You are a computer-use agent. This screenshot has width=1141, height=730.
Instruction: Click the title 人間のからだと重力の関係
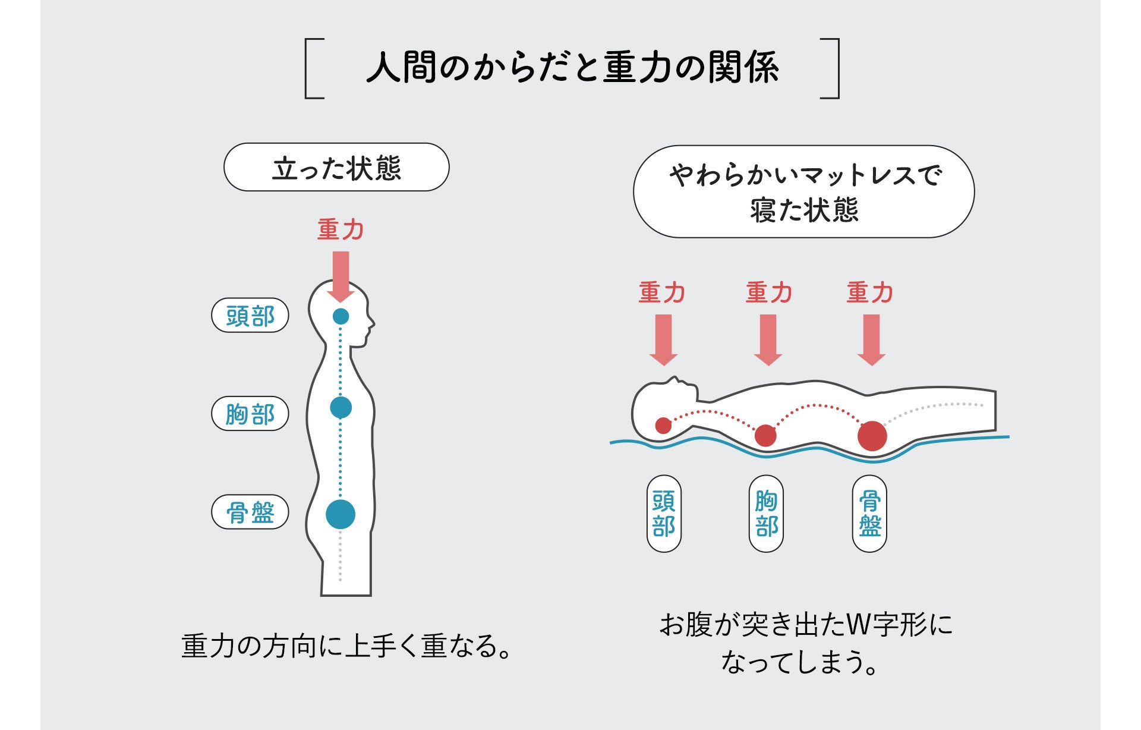[x=572, y=67]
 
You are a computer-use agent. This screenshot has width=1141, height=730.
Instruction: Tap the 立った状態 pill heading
[x=336, y=167]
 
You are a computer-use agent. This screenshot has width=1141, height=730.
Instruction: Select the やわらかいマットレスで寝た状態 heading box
[x=803, y=191]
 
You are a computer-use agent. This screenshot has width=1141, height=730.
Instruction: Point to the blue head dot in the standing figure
[x=341, y=316]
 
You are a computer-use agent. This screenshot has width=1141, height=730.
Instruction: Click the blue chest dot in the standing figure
[x=341, y=408]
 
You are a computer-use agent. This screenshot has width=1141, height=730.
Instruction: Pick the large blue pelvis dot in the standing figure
[x=341, y=514]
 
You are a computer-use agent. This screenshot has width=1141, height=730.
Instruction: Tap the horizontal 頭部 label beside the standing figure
[x=250, y=316]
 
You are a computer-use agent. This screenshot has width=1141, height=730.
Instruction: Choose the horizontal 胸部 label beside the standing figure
[x=250, y=414]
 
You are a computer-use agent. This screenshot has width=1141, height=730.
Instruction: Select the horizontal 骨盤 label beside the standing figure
[x=250, y=512]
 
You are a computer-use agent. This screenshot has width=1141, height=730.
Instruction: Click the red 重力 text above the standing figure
[x=341, y=229]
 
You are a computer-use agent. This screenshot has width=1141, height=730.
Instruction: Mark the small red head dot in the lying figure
[x=663, y=426]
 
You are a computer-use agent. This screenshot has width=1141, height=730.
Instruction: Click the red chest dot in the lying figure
[x=765, y=436]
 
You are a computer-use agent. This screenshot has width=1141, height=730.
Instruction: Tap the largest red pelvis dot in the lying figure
[x=872, y=436]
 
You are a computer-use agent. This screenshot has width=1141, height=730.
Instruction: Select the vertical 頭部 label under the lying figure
[x=664, y=514]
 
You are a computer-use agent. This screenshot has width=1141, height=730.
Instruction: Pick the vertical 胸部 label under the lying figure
[x=766, y=514]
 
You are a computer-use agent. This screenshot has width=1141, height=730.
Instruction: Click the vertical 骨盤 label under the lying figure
[x=869, y=514]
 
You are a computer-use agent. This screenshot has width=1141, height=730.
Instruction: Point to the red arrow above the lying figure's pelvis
[x=871, y=339]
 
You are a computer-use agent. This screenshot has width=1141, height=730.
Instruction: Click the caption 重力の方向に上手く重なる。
[x=346, y=646]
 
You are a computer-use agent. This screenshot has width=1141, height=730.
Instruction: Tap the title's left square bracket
[x=313, y=68]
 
